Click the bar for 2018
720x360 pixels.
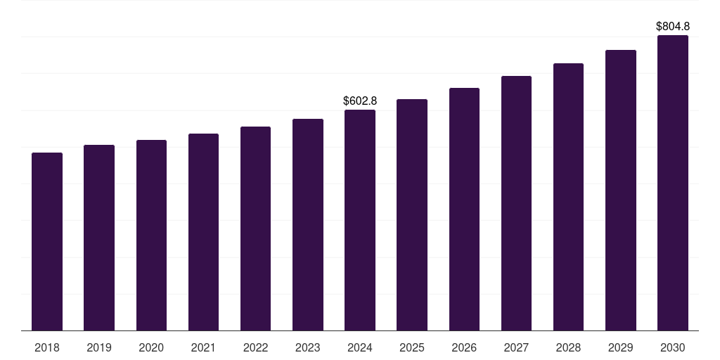[x=47, y=241]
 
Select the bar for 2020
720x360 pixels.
[x=151, y=235]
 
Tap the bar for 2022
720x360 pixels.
[x=255, y=229]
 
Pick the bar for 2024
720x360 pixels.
[x=360, y=220]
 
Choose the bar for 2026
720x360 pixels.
[x=464, y=209]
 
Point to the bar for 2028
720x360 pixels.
[x=568, y=197]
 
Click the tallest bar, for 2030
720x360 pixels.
[x=673, y=183]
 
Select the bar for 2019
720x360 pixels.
[x=99, y=238]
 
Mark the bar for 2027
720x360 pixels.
[x=516, y=203]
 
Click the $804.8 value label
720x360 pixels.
[x=673, y=27]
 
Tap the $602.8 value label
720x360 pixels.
[x=360, y=101]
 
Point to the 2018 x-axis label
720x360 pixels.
[x=47, y=347]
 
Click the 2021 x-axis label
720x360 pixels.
[x=203, y=347]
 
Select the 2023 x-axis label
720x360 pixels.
[x=308, y=347]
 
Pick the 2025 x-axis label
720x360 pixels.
[x=412, y=347]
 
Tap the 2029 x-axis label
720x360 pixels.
[x=621, y=347]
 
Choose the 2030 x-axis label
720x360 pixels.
[x=673, y=347]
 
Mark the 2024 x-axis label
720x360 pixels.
[x=360, y=347]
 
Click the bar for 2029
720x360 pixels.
[x=621, y=190]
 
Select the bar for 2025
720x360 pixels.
[x=412, y=214]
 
